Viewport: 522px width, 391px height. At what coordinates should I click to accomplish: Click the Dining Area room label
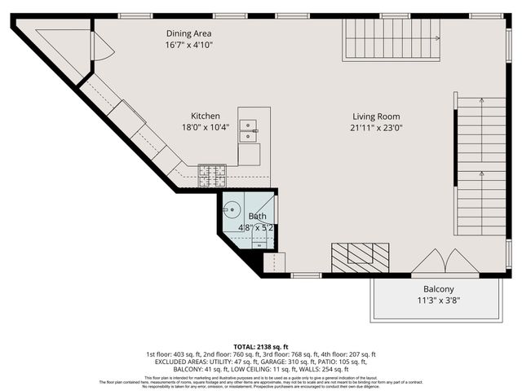point(189,33)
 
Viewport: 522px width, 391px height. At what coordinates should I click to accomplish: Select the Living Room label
point(377,116)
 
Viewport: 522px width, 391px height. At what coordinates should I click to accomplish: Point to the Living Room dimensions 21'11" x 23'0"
point(377,127)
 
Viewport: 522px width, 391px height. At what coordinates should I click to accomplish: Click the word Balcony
point(438,289)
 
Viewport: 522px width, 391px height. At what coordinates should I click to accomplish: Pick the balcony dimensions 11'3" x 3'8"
point(438,301)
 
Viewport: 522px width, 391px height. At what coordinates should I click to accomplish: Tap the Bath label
point(257,217)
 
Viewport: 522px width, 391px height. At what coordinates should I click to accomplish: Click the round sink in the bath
point(232,209)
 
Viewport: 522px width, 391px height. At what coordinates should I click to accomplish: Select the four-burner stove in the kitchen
point(211,172)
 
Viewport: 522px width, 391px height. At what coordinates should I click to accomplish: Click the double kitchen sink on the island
point(249,127)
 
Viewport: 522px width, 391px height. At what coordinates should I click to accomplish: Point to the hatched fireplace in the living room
point(362,257)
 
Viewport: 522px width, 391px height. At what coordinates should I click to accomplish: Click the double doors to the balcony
point(445,262)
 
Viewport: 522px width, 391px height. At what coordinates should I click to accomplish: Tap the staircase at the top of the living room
point(391,38)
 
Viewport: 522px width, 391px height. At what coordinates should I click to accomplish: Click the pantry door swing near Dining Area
point(103,46)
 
